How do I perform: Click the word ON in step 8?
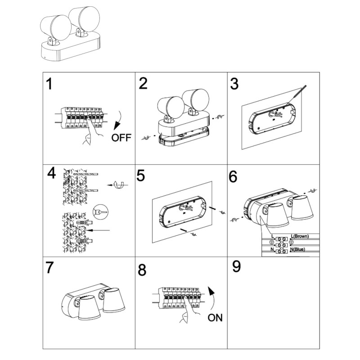point(216,318)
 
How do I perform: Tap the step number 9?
point(236,267)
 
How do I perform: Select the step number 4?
point(53,174)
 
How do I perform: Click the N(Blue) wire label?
point(303,249)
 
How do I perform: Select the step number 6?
point(233,177)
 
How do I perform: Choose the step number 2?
point(144,84)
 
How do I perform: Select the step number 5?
point(141,176)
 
